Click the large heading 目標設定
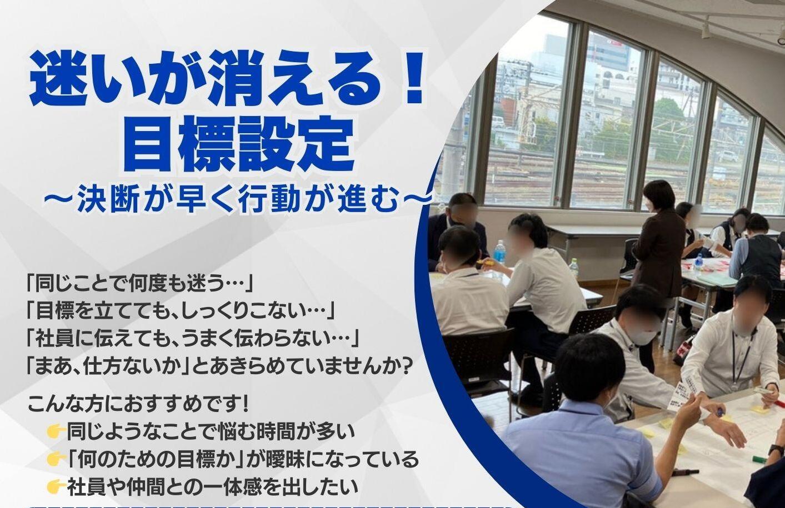tap(238, 144)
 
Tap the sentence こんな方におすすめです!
tap(138, 405)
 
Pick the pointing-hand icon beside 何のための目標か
tap(56, 459)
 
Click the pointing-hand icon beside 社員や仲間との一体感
tap(56, 487)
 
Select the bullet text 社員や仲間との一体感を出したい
tap(212, 487)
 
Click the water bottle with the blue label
tap(499, 253)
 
